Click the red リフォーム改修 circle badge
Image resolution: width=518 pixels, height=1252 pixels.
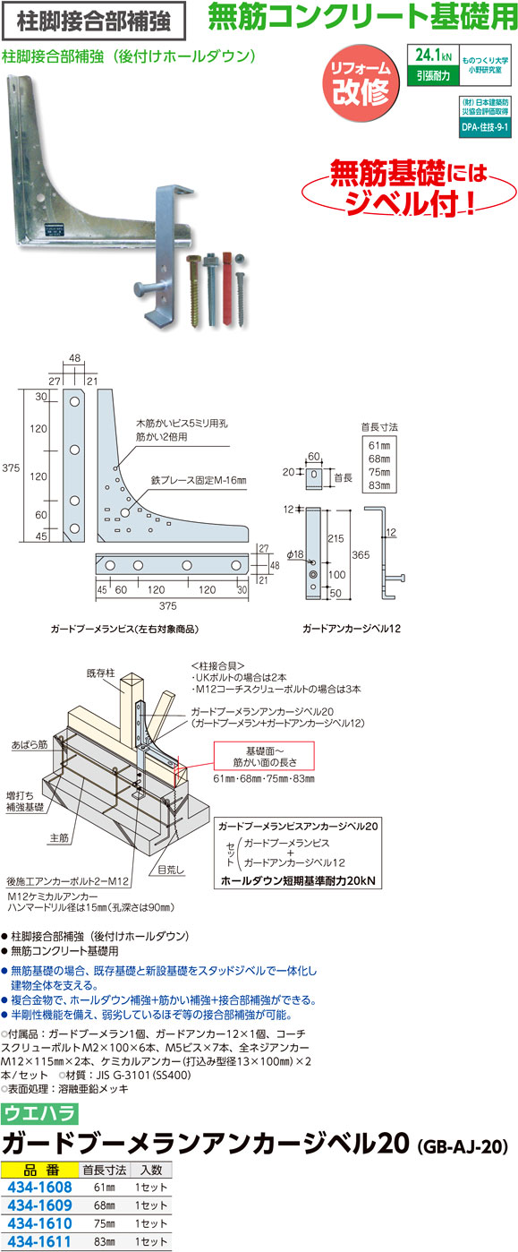[361, 84]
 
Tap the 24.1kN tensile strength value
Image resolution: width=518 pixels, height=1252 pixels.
[433, 55]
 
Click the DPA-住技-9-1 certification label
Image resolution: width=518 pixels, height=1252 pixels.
[485, 127]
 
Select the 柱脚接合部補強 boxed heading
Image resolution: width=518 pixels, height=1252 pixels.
[93, 21]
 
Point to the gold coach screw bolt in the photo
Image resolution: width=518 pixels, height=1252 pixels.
[195, 290]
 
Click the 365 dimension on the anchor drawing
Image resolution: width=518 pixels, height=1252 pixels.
[361, 555]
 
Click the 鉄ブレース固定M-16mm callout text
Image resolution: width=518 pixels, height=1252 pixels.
[199, 480]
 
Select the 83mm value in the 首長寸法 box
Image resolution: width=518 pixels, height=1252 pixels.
[379, 485]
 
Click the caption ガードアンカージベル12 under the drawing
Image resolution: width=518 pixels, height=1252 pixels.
[352, 628]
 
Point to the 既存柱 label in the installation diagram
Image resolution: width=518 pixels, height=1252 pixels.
[100, 673]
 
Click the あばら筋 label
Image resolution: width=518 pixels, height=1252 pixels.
[30, 744]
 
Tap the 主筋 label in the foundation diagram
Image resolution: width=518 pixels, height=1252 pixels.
[59, 838]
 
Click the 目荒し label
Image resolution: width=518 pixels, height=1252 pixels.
[171, 870]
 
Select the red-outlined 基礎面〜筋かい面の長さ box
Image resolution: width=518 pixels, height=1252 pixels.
[265, 756]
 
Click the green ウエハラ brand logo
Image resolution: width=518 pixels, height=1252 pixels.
[39, 1113]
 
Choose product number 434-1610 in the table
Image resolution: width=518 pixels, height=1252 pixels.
[39, 1223]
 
